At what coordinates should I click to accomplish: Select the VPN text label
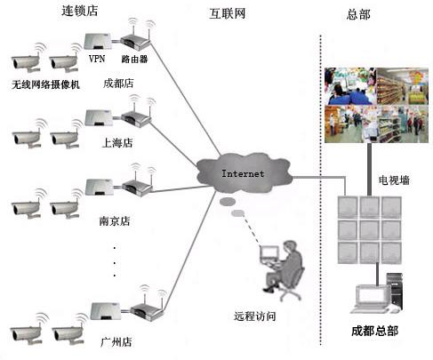[x=97, y=59]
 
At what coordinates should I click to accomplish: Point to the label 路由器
[x=135, y=59]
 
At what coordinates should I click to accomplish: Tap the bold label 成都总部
[x=374, y=331]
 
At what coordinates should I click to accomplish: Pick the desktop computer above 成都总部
[x=378, y=293]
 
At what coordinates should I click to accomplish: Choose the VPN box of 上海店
[x=98, y=118]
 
